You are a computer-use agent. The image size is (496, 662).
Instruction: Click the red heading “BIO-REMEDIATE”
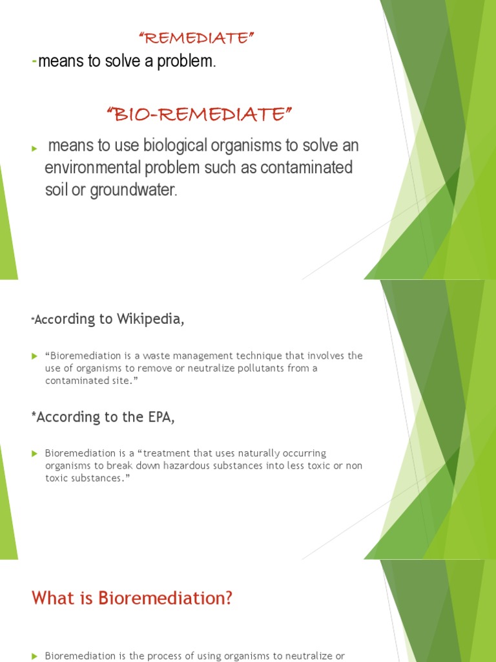pyautogui.click(x=199, y=115)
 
